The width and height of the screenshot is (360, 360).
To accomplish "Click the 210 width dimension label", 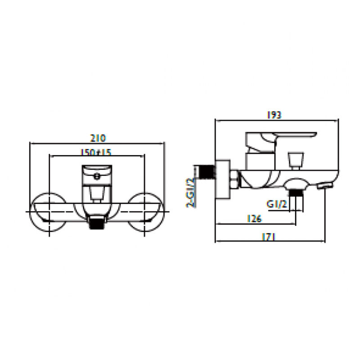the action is coord(98,138).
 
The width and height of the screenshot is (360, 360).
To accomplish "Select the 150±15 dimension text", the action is coord(96,152).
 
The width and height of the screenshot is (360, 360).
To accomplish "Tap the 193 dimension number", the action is coord(274,115).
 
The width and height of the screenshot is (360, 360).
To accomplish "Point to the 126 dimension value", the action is coord(254,219).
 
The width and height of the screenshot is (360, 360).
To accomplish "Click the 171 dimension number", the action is coord(269,237).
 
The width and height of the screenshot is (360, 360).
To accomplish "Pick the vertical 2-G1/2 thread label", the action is coord(190,193).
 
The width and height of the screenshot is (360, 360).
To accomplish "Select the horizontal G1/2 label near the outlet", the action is coord(277,204).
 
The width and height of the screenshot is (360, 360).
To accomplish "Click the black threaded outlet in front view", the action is coord(97,222).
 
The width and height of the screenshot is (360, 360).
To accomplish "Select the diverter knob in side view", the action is coord(296,160).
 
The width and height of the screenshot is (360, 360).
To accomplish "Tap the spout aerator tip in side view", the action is coord(325,186).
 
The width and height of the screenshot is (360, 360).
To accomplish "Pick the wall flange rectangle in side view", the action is coord(223,179).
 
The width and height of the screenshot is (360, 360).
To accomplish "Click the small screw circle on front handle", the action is coord(97,176).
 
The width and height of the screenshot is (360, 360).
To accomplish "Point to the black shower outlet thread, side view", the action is coord(296,193).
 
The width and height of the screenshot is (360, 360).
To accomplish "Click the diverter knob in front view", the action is coord(97,193).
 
